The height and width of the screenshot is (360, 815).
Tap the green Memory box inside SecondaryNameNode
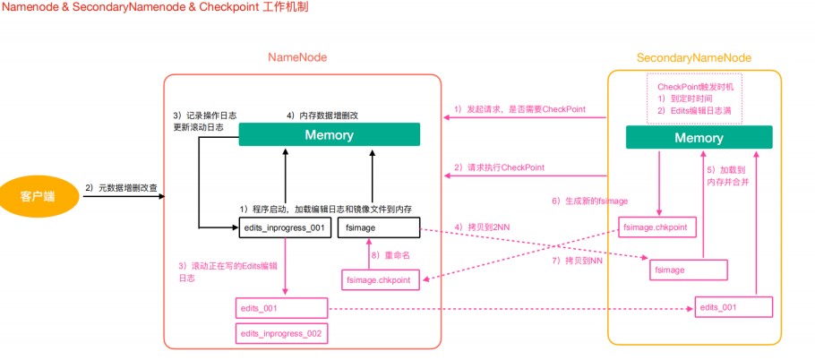pyautogui.click(x=699, y=138)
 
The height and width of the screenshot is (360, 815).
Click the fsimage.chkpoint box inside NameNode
pyautogui.click(x=379, y=280)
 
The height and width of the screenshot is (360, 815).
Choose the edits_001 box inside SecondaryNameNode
pyautogui.click(x=733, y=308)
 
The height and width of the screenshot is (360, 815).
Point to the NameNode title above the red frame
pyautogui.click(x=297, y=57)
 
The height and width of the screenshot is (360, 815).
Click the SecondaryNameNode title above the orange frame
pyautogui.click(x=693, y=57)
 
